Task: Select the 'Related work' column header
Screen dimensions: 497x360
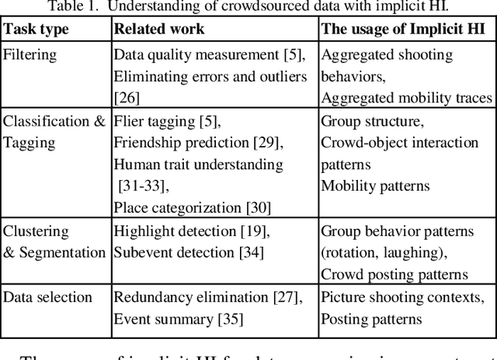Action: click(158, 29)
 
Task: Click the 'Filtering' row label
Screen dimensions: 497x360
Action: click(30, 55)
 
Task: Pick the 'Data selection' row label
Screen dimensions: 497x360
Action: click(48, 297)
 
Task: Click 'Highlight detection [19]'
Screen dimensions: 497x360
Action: click(191, 231)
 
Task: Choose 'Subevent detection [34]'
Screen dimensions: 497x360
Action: click(189, 252)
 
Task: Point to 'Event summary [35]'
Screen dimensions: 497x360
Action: click(179, 318)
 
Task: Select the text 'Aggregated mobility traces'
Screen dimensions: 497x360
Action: click(406, 97)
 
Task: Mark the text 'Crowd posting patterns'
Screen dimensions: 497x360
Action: click(394, 274)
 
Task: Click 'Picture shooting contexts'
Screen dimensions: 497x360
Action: click(401, 297)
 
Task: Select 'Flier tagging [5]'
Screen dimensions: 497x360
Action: click(166, 122)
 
